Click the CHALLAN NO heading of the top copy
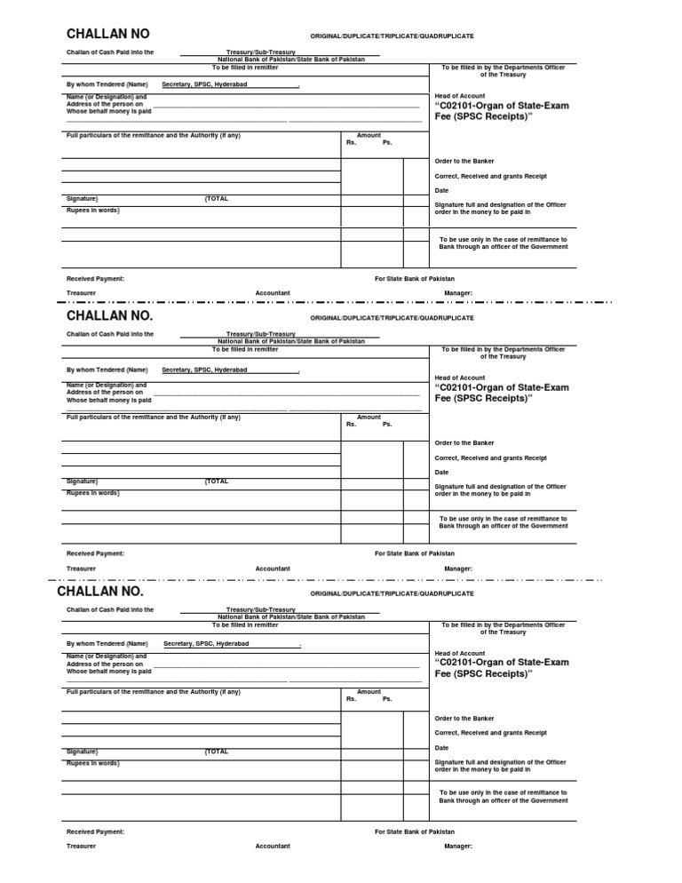[108, 35]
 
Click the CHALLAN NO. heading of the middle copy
[109, 316]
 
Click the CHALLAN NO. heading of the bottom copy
[99, 592]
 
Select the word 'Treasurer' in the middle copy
[81, 569]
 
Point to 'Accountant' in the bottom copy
[273, 846]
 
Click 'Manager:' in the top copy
[458, 292]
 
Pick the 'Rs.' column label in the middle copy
[351, 424]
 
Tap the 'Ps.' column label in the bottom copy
[387, 699]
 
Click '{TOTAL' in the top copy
[217, 199]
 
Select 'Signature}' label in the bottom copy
[83, 752]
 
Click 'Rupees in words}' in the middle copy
[92, 492]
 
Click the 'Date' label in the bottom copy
[441, 747]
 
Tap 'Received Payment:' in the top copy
[95, 278]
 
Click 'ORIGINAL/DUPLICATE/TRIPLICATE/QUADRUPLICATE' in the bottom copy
[392, 593]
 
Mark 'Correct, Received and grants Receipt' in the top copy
[490, 176]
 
